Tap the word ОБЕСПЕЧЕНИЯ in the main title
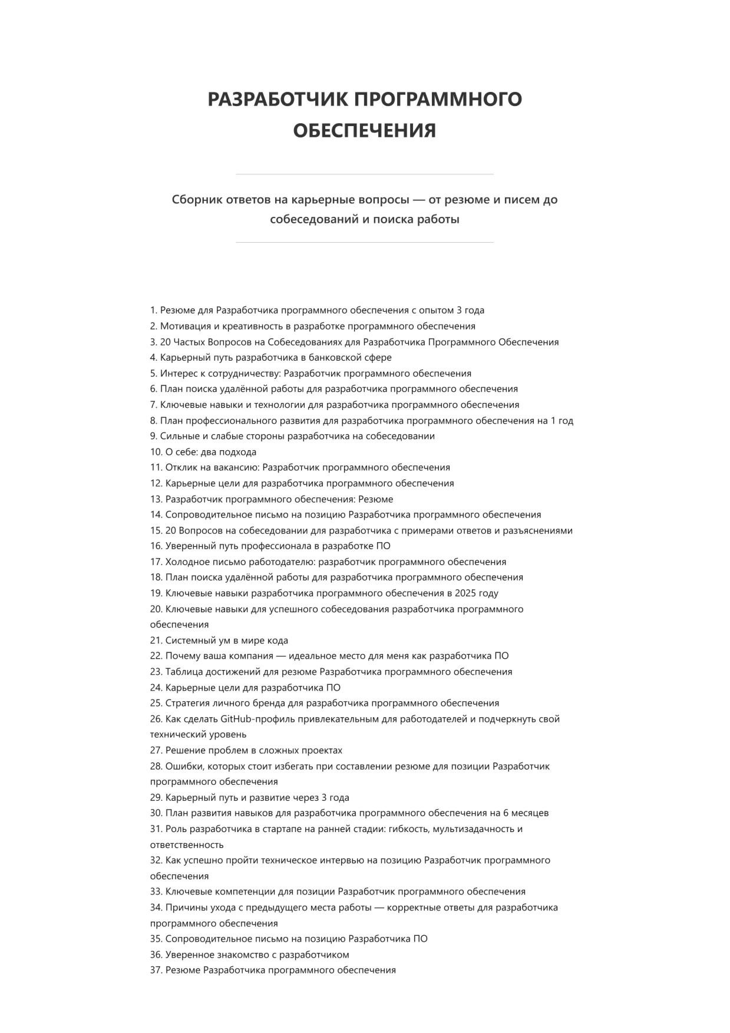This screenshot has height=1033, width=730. click(365, 130)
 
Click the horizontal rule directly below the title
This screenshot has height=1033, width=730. click(365, 174)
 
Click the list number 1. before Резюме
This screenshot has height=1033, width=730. click(154, 311)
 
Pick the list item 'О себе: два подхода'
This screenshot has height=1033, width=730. click(203, 452)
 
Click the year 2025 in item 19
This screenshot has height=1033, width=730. click(465, 593)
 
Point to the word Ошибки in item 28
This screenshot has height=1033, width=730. click(181, 766)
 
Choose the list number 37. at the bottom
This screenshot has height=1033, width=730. click(156, 970)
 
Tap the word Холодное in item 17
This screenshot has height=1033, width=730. click(186, 562)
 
